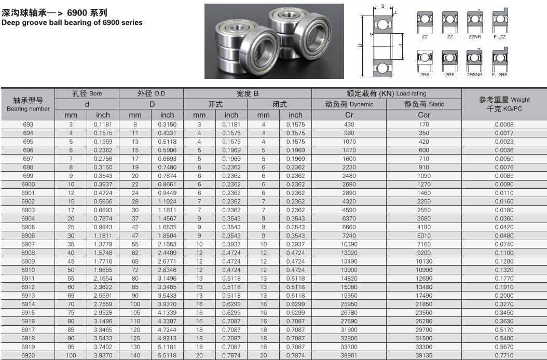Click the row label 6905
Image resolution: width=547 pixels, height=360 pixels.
click(x=28, y=227)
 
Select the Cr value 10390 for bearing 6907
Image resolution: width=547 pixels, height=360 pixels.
click(x=349, y=244)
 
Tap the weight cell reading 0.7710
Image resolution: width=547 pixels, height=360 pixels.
click(x=504, y=355)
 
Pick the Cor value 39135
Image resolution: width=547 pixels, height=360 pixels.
click(x=424, y=355)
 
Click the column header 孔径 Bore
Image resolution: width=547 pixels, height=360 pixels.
click(x=87, y=93)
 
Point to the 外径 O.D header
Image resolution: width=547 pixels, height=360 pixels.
click(x=151, y=93)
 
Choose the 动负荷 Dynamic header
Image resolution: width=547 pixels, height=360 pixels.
click(x=349, y=104)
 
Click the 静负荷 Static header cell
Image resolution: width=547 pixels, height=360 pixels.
click(x=424, y=104)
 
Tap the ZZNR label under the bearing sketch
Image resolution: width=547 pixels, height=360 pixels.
click(x=474, y=37)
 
